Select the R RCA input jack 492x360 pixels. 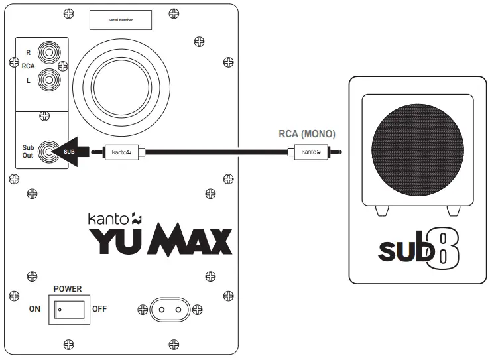[x=48, y=50]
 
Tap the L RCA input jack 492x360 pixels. [x=48, y=80]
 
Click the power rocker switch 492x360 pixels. [x=69, y=309]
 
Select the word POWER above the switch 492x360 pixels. [x=68, y=289]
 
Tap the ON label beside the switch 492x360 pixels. [x=34, y=309]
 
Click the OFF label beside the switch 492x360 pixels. [x=99, y=309]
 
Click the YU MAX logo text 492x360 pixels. [x=161, y=241]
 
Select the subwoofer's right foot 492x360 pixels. [x=453, y=210]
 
